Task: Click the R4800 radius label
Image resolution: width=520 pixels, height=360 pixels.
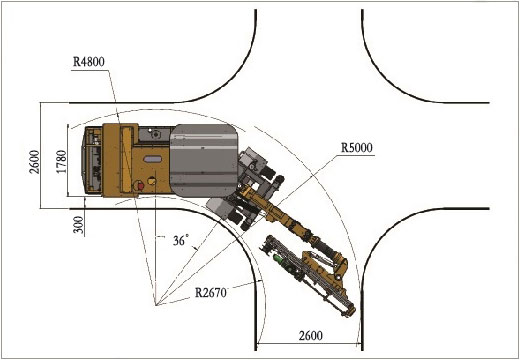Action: click(x=89, y=62)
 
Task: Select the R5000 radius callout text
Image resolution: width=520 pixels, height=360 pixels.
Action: click(x=357, y=148)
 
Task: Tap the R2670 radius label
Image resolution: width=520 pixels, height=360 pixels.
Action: click(x=211, y=293)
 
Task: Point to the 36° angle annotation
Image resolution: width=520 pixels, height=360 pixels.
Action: click(x=181, y=240)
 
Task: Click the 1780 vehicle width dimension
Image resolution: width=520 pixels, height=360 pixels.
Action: click(x=62, y=162)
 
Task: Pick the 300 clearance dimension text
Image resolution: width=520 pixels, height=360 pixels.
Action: click(x=78, y=225)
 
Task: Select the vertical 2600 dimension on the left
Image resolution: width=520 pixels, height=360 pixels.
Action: click(x=34, y=162)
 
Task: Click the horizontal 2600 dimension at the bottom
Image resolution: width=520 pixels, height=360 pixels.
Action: click(x=311, y=335)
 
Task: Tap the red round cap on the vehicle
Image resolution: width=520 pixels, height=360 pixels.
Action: click(x=140, y=186)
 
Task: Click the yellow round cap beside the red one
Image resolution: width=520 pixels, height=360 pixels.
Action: click(x=152, y=181)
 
